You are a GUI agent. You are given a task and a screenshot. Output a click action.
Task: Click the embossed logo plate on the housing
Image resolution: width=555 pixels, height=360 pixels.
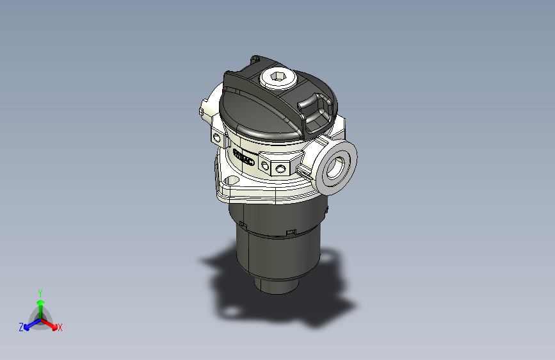[x=244, y=156]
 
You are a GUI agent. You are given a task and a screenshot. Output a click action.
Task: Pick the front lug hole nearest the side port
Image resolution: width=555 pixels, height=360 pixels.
[x=280, y=168]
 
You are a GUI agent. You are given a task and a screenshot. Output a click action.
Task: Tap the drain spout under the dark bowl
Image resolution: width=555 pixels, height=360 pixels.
[x=278, y=285]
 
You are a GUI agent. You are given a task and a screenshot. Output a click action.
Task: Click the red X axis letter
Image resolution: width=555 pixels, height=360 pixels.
[x=60, y=328]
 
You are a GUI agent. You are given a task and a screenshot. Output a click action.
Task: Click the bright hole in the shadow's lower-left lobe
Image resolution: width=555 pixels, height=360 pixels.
[x=229, y=313]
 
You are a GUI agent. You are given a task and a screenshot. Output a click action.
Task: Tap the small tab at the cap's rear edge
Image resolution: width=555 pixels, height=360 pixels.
[x=255, y=59]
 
